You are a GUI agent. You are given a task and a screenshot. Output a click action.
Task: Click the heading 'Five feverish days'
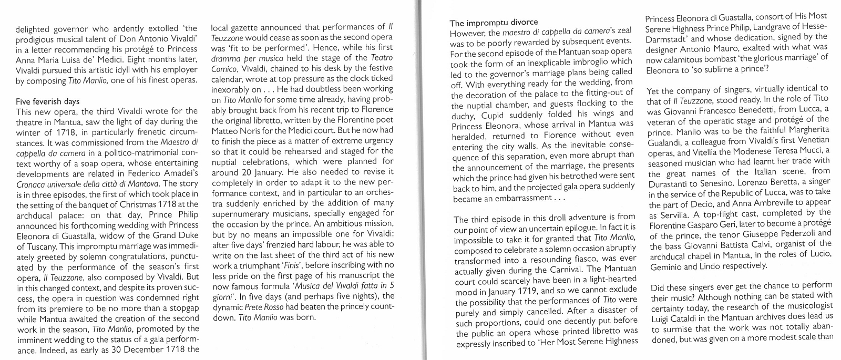(x=48, y=101)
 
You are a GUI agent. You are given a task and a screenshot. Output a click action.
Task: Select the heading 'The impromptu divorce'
(x=494, y=23)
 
